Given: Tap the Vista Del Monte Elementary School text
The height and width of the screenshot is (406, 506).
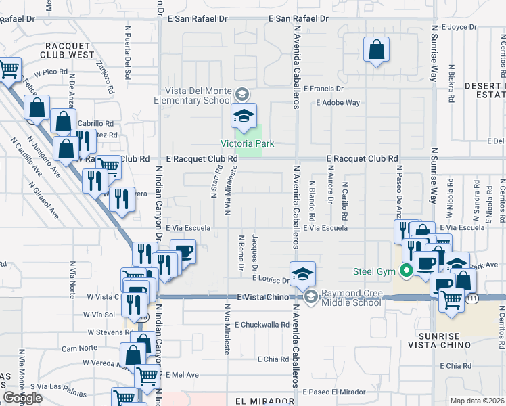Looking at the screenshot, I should (199, 96).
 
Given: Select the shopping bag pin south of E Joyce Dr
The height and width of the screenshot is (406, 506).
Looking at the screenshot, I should (376, 50).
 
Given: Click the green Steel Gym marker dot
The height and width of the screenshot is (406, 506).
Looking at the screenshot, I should (406, 272).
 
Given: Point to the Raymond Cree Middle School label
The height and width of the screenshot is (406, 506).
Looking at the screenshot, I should (351, 298).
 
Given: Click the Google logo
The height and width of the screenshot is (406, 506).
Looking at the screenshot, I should (23, 398).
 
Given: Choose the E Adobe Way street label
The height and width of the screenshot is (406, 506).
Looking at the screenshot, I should (338, 103).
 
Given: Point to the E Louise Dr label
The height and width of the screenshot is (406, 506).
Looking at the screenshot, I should (271, 279).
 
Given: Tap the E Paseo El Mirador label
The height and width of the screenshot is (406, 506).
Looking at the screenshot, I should (333, 392).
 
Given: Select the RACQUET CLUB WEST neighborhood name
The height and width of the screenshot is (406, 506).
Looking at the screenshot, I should (67, 49).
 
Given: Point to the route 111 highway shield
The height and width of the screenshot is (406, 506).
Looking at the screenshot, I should (472, 298).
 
